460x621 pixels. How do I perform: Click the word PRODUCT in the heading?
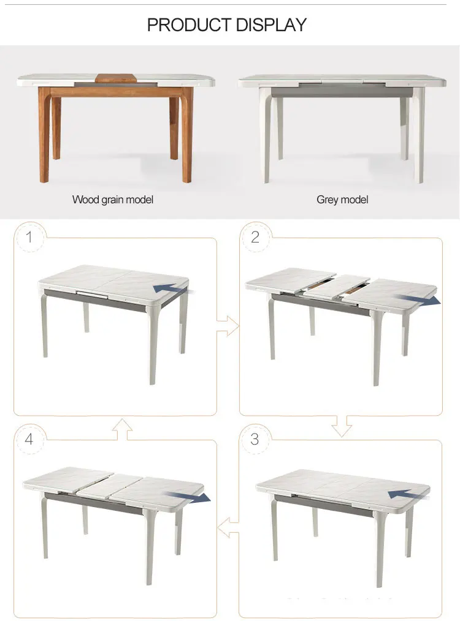[x=188, y=25]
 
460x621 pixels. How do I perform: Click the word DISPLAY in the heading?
[x=270, y=25]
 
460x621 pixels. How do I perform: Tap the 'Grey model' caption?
[x=342, y=200]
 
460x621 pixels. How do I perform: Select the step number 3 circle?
[x=255, y=439]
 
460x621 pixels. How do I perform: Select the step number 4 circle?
[x=28, y=439]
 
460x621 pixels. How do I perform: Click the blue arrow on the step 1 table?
[x=171, y=287]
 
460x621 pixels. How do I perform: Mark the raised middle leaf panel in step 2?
[x=336, y=286]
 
